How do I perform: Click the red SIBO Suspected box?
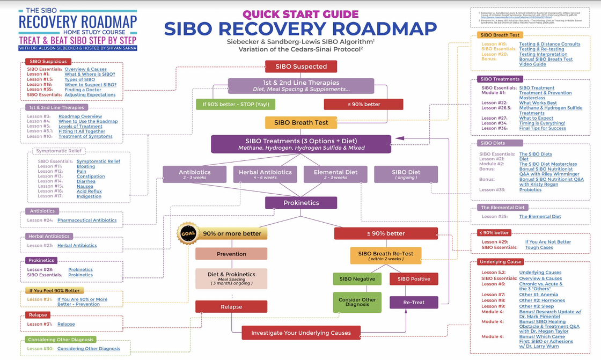point(301,67)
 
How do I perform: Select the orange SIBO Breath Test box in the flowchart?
point(301,122)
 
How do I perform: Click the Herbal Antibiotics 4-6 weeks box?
point(266,174)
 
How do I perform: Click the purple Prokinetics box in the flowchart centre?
point(301,203)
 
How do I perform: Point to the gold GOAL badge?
point(188,233)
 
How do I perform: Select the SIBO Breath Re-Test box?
point(386,255)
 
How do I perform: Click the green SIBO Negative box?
point(357,279)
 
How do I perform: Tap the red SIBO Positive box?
point(414,279)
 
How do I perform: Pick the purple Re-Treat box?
point(414,303)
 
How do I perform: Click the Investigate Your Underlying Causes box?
point(301,333)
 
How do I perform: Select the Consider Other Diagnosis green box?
point(357,302)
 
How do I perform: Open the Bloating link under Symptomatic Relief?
point(85,167)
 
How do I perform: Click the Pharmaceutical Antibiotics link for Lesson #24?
point(86,221)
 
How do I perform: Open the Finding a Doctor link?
point(84,90)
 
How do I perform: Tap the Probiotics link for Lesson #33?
point(530,189)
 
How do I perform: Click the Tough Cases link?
point(539,247)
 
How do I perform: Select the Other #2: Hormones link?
point(541,300)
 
